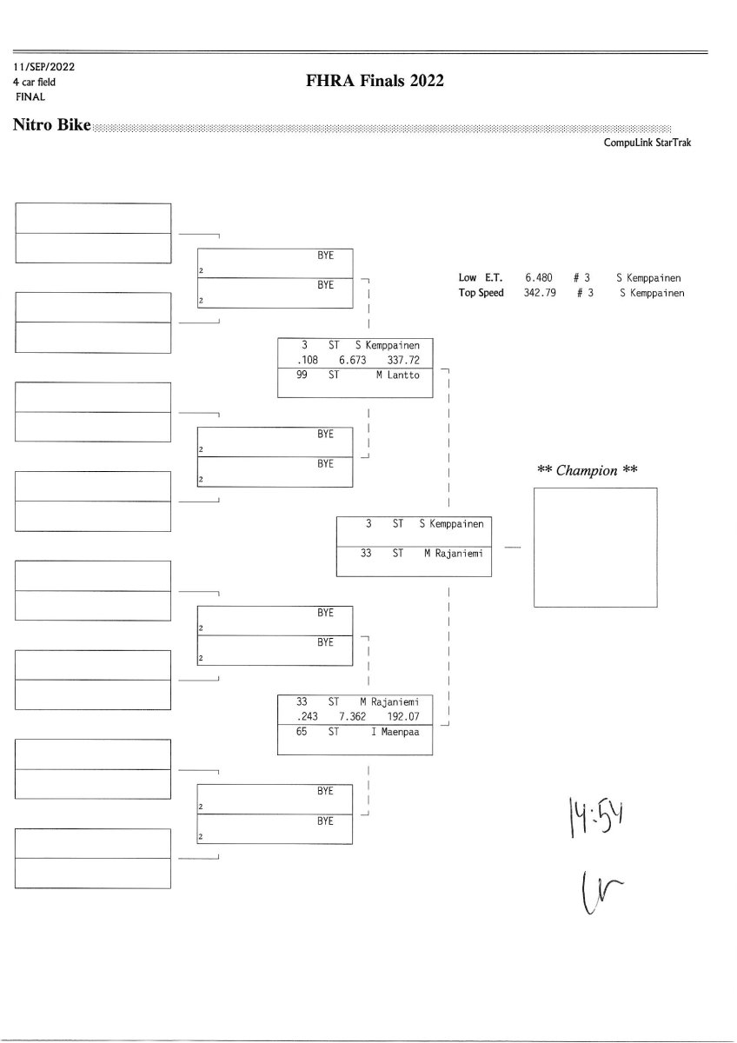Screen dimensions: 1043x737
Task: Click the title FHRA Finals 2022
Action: click(x=375, y=82)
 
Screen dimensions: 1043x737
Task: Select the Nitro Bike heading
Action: click(x=52, y=126)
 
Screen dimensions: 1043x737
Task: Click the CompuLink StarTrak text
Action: click(x=647, y=143)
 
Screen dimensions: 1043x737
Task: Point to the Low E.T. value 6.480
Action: click(x=539, y=278)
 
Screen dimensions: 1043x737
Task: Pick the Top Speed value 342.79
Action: click(x=539, y=293)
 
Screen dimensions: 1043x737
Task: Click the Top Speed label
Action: click(x=481, y=293)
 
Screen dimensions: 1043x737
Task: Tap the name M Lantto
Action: click(x=397, y=375)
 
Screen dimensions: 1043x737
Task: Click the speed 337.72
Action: click(x=404, y=360)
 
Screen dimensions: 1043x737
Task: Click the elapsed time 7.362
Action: click(x=355, y=717)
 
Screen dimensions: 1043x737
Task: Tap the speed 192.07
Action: click(x=404, y=717)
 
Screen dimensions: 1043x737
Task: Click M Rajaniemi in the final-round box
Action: click(x=453, y=553)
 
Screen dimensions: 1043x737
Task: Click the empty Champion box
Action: click(x=594, y=548)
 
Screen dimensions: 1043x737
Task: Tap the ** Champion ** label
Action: click(x=588, y=470)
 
